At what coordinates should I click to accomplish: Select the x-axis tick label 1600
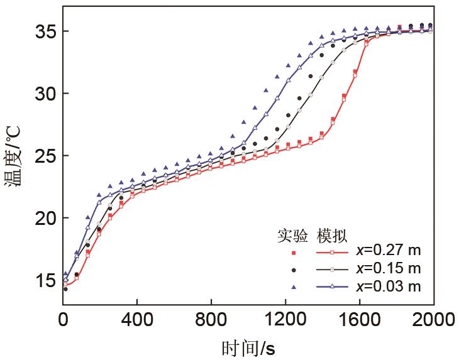358,320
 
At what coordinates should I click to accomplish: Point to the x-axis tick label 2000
432,320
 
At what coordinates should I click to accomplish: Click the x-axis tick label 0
63,320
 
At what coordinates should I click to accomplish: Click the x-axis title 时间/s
248,346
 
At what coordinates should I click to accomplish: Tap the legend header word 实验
292,236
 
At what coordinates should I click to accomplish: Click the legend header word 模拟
331,236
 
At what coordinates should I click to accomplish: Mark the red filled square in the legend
292,253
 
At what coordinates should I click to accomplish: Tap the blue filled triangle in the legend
292,287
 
